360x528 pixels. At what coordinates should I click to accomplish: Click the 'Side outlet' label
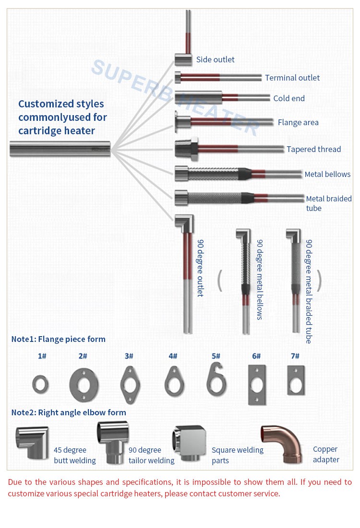point(215,60)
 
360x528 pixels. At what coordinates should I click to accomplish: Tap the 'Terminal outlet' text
point(292,78)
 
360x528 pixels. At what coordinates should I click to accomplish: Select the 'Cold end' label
point(289,98)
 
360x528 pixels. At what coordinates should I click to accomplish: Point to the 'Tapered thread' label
point(313,149)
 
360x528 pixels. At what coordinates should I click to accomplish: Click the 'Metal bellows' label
point(327,175)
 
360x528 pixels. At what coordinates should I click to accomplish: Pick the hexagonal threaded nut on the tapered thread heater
point(186,149)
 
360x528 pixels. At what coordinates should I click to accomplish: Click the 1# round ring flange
point(40,384)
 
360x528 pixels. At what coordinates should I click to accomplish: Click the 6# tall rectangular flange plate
point(257,385)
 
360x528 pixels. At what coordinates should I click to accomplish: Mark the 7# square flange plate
point(295,380)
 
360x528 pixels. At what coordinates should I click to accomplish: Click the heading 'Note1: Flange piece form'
point(58,339)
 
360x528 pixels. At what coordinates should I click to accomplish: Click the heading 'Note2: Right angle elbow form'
point(69,412)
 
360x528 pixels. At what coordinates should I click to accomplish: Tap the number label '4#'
point(173,356)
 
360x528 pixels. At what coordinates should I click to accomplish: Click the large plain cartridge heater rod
point(60,149)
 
